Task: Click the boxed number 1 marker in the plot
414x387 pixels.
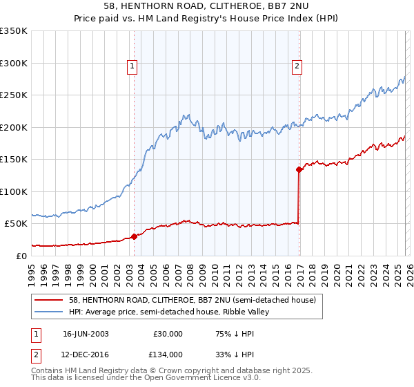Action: [x=132, y=66]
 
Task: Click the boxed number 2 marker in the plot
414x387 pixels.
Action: [x=297, y=66]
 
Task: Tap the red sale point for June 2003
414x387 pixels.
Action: [x=134, y=236]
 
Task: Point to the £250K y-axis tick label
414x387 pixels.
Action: [x=14, y=95]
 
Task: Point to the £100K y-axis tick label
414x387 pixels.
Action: [x=14, y=191]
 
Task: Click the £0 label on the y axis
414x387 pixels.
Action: [x=21, y=256]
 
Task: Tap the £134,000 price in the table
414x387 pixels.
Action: [x=168, y=355]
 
